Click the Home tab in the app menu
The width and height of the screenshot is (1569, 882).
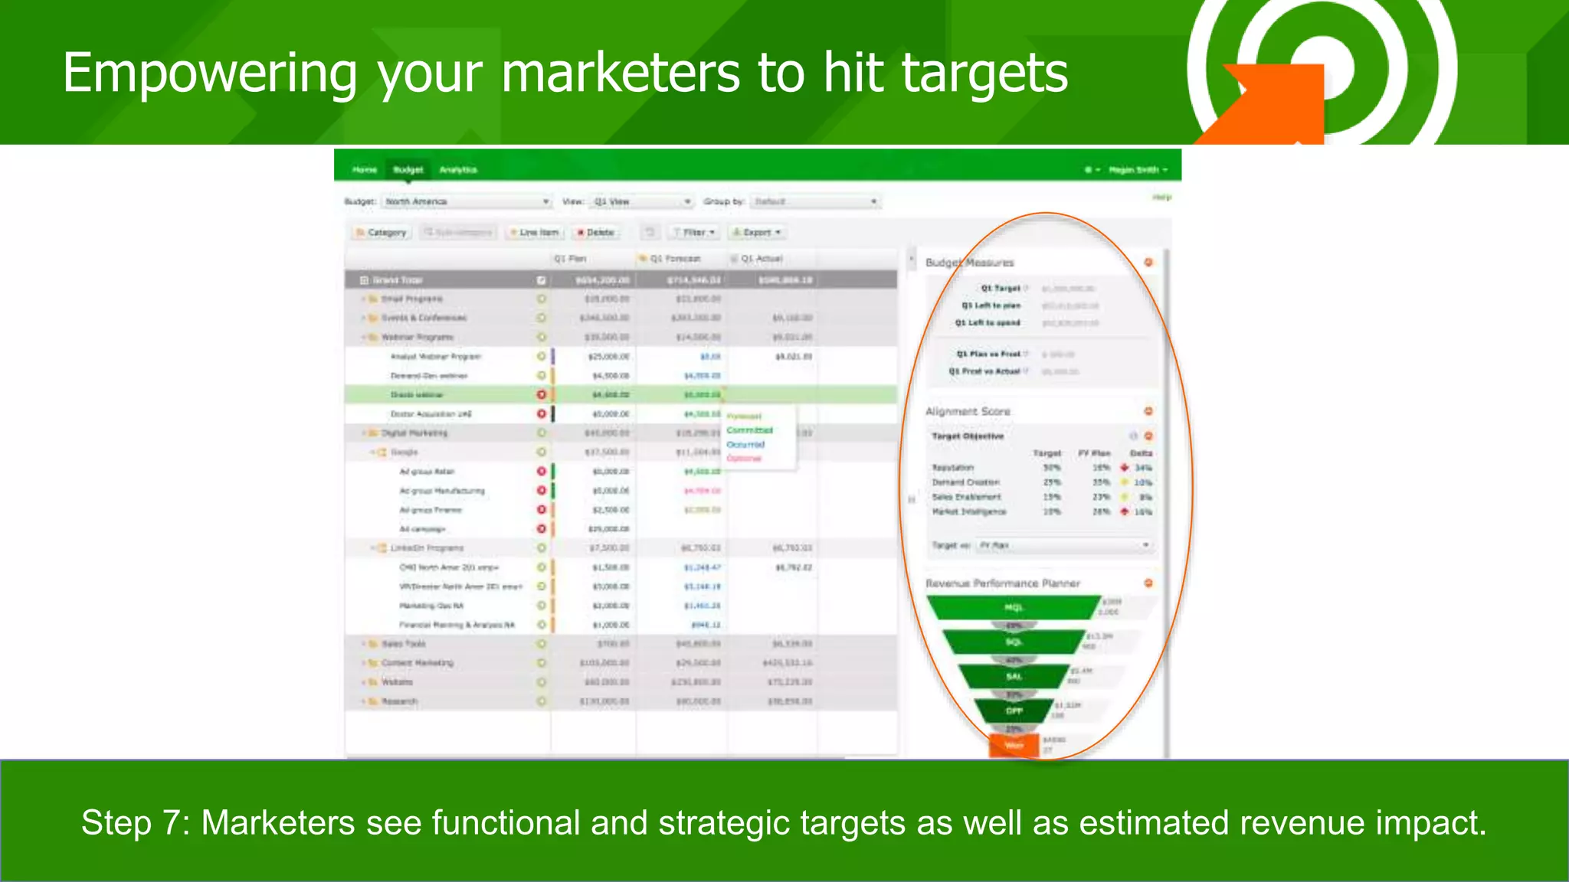[365, 169]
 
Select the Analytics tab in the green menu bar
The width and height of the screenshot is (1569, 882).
[458, 169]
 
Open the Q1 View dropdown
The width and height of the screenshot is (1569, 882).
[643, 201]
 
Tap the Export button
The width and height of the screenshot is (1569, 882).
[756, 232]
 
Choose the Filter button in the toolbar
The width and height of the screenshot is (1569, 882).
[694, 232]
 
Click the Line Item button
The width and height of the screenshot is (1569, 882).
[535, 232]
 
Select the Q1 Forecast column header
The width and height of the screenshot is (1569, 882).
[674, 259]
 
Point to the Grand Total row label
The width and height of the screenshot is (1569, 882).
[398, 280]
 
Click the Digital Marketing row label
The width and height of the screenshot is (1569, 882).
[414, 433]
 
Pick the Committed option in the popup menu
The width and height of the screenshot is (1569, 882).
[749, 430]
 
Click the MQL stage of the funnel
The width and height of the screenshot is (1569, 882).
[1014, 607]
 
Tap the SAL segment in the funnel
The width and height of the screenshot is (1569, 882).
[1014, 676]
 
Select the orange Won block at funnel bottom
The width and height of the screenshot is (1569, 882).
[1014, 745]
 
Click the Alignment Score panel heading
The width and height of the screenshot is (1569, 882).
[968, 411]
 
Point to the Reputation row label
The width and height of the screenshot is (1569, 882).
[952, 467]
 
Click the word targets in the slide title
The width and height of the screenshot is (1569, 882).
[984, 73]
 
